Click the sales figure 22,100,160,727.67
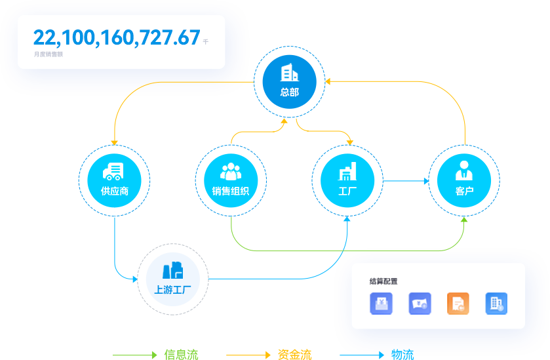click(117, 38)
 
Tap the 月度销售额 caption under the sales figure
click(48, 54)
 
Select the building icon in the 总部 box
click(289, 72)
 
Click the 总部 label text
click(289, 92)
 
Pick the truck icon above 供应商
click(114, 171)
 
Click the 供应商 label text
click(114, 191)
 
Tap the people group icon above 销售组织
click(231, 171)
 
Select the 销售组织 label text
click(231, 191)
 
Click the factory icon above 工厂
click(347, 172)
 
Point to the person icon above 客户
click(464, 170)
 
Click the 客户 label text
click(464, 191)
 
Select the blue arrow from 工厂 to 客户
click(406, 180)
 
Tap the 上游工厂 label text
click(173, 289)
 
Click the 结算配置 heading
click(383, 281)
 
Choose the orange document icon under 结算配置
click(458, 304)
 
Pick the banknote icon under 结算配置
click(420, 304)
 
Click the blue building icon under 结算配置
click(496, 304)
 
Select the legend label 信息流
click(182, 355)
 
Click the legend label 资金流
click(295, 355)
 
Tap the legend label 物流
click(403, 355)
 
